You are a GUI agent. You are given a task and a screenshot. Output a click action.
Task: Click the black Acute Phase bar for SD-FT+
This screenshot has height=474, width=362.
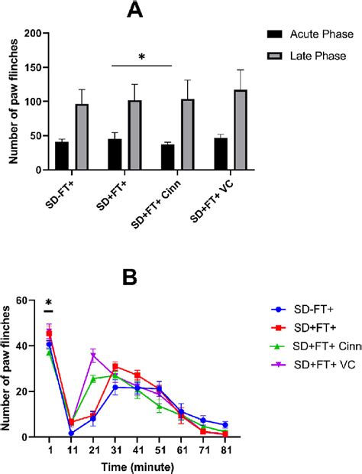62,156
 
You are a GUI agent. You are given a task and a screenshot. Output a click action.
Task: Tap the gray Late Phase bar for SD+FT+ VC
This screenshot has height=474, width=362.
241,130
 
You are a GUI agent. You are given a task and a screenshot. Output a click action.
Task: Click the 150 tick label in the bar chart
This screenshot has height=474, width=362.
34,68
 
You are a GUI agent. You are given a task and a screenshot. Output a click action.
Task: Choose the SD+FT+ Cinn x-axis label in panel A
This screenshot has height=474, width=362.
165,199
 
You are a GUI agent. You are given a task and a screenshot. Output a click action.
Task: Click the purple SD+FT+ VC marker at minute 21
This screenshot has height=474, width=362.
93,355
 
